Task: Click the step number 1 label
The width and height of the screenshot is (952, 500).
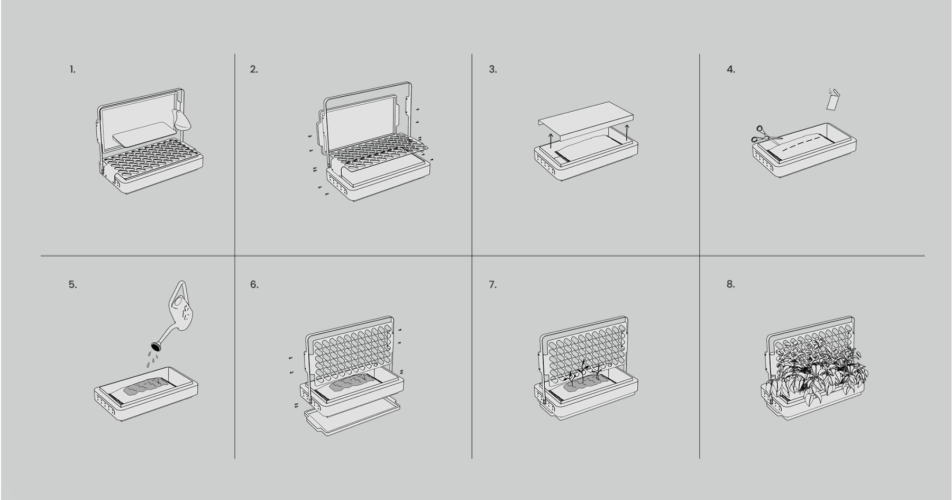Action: coord(72,69)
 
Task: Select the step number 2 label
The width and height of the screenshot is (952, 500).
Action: coord(254,69)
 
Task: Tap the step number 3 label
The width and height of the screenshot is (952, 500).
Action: coord(492,69)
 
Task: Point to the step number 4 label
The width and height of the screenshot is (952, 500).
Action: coord(730,69)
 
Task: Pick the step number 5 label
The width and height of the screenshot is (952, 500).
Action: coord(72,285)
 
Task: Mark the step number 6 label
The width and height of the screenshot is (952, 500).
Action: coord(254,285)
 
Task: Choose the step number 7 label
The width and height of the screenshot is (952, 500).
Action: coord(492,285)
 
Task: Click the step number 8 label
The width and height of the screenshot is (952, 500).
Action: coord(730,284)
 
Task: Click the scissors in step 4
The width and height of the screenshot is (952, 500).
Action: coord(764,134)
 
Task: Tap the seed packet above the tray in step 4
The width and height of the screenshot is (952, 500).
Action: coord(833,100)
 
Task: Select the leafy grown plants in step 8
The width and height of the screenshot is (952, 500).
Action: coord(817,370)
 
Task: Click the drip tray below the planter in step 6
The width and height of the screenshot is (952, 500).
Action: coord(352,418)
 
